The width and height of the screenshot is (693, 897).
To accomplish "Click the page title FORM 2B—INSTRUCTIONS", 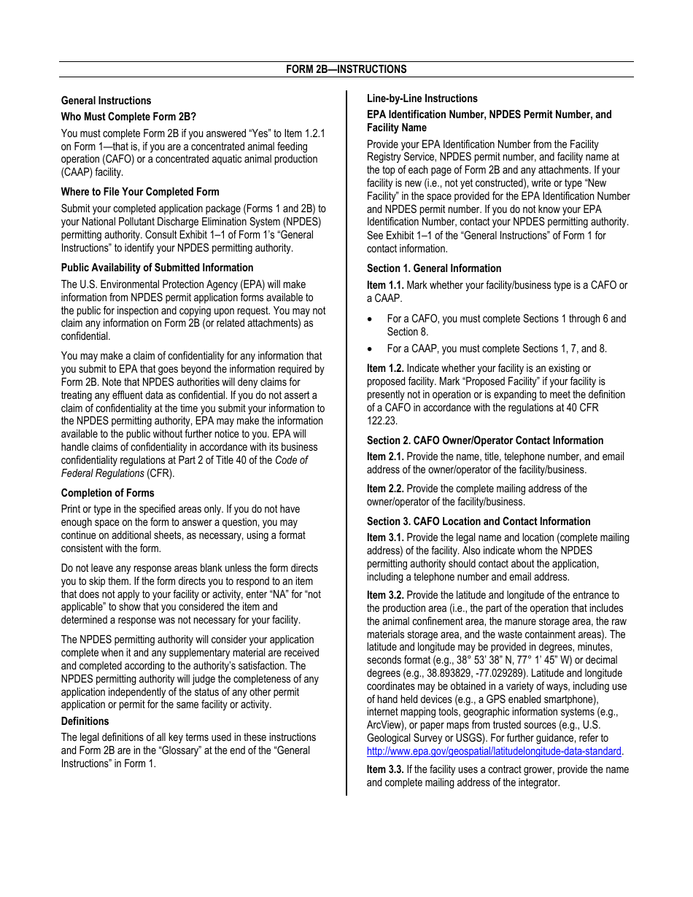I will pos(346,69).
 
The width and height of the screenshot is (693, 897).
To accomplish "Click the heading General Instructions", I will pos(107,101).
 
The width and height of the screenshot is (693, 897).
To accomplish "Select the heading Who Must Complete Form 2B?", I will pos(128,117).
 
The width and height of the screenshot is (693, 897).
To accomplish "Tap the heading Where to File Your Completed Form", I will pos(140,192).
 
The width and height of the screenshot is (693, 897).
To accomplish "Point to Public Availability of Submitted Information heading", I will pos(157,268).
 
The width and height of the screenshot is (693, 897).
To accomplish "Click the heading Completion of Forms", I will pos(108,493).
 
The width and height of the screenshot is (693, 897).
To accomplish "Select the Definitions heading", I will pos(85,721).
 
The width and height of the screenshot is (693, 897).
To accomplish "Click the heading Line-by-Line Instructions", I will pos(422,98).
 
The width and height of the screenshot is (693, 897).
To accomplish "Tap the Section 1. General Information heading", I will pos(434,268).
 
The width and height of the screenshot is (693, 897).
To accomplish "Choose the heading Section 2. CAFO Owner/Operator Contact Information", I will pos(485,440).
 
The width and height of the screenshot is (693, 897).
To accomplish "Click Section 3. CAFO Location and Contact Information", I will pos(479,521).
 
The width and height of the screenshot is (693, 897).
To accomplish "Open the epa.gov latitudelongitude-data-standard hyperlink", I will pos(494,751).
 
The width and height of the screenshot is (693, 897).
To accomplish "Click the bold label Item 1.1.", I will pos(385,285).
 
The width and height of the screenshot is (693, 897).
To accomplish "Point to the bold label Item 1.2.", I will pos(385,368).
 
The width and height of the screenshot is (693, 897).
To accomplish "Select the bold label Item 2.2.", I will pos(385,489).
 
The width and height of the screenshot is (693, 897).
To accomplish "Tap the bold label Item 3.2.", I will pos(385,595).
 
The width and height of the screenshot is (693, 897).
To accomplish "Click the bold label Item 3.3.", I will pos(385,769).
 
